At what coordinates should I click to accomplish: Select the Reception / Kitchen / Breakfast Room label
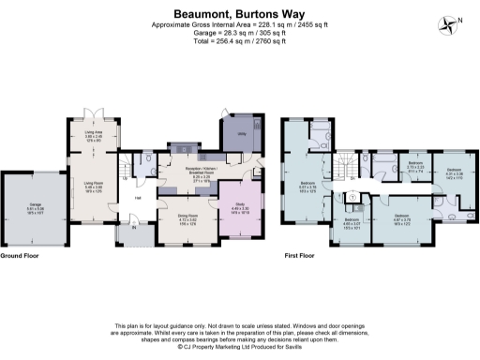pos(187,172)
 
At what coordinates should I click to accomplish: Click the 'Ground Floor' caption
pos(20,255)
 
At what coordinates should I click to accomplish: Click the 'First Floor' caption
pos(300,255)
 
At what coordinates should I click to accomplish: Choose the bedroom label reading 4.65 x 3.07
pos(352,224)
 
